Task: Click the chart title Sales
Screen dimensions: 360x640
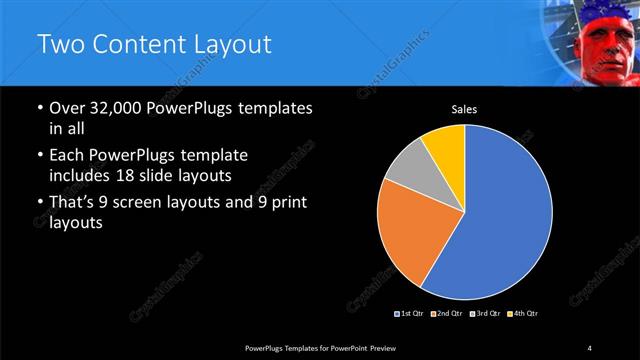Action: coord(464,109)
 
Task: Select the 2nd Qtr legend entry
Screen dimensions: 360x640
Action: coord(446,314)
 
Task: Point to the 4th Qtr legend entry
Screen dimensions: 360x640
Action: coord(521,314)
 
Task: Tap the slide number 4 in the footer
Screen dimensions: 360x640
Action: coord(590,347)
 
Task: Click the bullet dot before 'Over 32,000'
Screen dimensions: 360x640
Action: coord(39,108)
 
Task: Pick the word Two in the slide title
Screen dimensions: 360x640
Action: coord(57,45)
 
